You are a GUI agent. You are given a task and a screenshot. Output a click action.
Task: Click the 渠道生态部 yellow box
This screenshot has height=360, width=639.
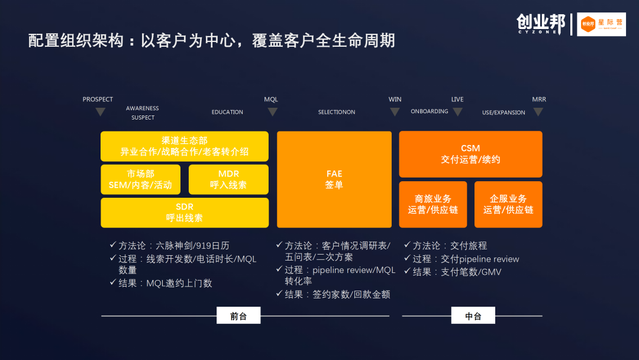point(184,146)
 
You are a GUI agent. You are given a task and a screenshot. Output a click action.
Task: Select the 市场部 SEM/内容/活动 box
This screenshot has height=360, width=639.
point(140,179)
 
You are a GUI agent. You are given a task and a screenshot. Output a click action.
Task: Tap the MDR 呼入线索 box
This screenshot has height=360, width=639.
point(228,179)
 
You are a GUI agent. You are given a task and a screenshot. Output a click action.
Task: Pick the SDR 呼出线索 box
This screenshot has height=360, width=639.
point(184,213)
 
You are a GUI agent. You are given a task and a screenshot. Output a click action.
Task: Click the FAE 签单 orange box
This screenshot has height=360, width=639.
point(334,179)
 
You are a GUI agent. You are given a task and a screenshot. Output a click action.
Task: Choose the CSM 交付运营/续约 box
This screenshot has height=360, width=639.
point(470,154)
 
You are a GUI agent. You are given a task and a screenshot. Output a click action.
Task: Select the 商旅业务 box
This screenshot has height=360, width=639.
point(433,204)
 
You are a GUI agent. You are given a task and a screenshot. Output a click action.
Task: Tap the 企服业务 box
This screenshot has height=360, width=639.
point(508,204)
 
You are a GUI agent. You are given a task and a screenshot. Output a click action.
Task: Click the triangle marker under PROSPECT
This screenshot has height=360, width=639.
point(101,112)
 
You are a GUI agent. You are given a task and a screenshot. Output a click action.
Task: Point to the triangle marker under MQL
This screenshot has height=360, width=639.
point(272,112)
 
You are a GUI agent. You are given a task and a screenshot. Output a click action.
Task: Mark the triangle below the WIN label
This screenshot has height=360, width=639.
point(395,112)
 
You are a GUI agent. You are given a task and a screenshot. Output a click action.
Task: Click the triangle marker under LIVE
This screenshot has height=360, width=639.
point(457,112)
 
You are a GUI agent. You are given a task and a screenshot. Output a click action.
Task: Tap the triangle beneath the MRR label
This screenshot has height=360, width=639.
point(538,112)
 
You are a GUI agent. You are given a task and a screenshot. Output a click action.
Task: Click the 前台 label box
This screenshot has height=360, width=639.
point(238,316)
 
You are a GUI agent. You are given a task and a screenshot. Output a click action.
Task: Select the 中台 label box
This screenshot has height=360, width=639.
point(473,316)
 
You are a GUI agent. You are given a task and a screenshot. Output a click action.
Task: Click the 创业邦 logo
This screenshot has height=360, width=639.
point(540,24)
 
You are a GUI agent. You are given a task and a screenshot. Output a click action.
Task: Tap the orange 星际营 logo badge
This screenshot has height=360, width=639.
point(601,24)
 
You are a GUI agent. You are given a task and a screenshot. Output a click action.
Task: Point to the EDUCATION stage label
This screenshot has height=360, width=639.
point(227,112)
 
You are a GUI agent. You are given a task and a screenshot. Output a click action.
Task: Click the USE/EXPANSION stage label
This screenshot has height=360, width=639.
point(504,112)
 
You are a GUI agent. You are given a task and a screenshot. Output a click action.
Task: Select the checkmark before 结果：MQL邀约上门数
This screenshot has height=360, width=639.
point(113,282)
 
